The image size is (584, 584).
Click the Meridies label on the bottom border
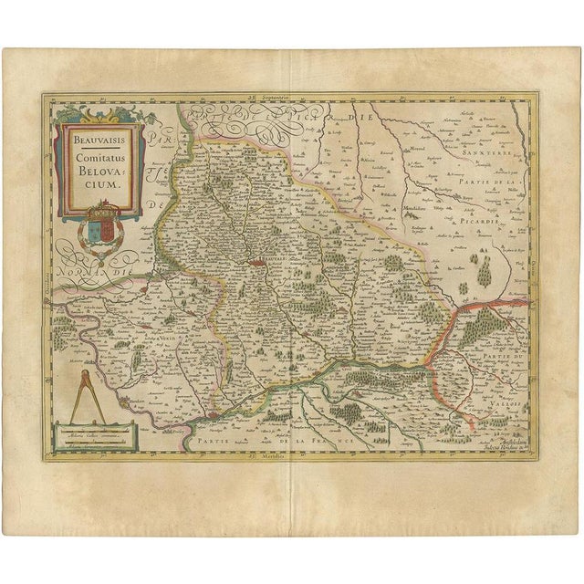[292, 455]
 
